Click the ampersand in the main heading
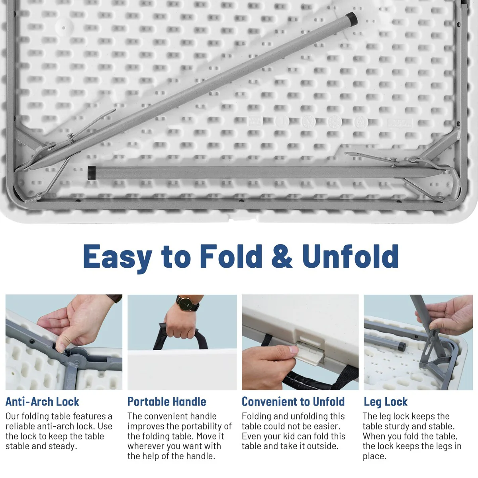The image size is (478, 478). [282, 256]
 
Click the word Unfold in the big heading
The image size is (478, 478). [351, 256]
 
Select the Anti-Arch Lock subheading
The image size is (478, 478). [42, 402]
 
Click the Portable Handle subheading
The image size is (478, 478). [167, 402]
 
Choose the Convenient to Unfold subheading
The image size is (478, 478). [293, 402]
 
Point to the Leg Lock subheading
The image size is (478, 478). [386, 402]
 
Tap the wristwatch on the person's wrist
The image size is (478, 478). [187, 304]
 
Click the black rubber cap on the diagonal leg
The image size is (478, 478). [352, 19]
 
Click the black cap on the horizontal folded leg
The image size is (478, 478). [92, 173]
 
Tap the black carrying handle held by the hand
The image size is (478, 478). [180, 337]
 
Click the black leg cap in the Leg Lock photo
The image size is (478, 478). [402, 347]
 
